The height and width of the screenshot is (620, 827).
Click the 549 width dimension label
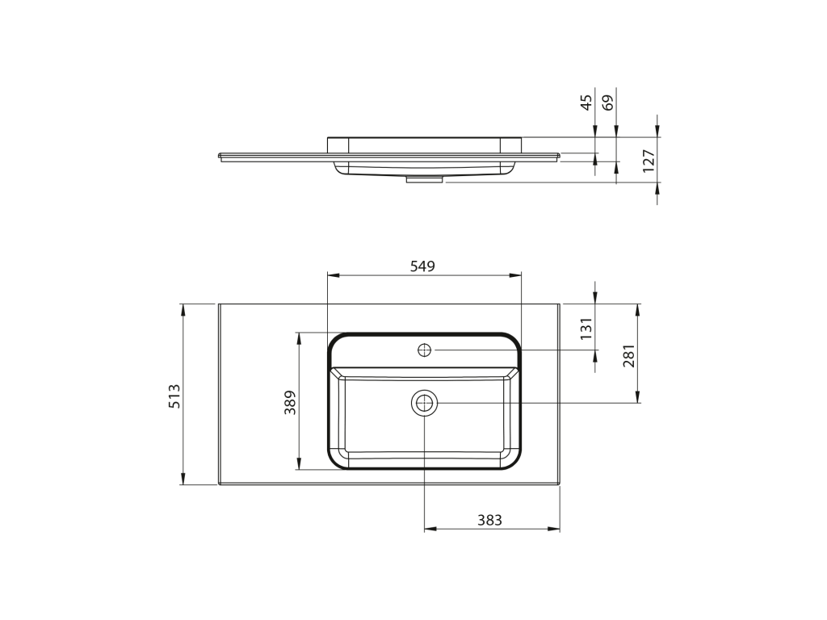(x=422, y=266)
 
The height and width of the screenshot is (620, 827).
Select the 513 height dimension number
(x=174, y=396)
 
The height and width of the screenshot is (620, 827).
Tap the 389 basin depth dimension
(x=291, y=402)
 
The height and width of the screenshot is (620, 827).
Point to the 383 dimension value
(x=489, y=521)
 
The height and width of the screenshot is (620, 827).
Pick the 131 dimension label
(x=586, y=329)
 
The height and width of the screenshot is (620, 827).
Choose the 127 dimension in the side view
(x=649, y=161)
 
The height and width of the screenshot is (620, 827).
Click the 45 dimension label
(x=586, y=103)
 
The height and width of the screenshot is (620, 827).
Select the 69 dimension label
(x=608, y=103)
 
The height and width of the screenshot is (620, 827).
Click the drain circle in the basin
(x=425, y=404)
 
